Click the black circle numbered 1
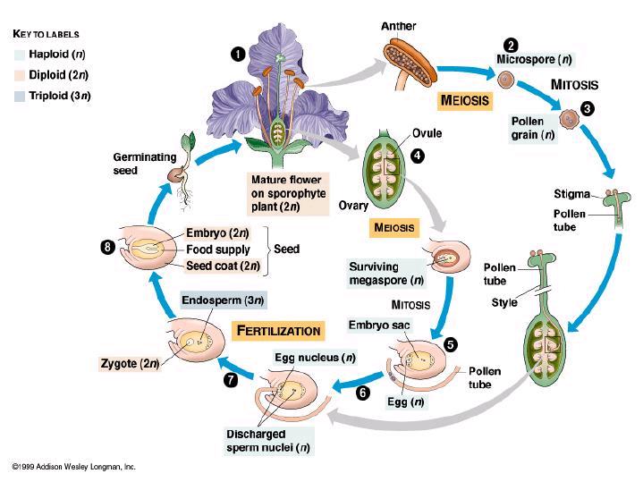tap(238, 55)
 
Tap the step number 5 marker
tap(451, 344)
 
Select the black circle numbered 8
tap(108, 247)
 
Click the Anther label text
tap(398, 26)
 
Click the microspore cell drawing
tap(506, 80)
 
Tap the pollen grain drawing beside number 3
tap(569, 119)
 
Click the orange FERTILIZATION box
tap(278, 331)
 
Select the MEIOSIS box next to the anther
tap(465, 100)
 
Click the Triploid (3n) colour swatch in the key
tap(20, 96)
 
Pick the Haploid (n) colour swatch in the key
tap(20, 55)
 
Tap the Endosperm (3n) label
tap(223, 300)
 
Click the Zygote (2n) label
tap(130, 363)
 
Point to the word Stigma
tap(571, 194)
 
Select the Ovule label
tap(427, 133)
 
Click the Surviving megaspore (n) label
tap(385, 274)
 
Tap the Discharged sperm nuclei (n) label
tap(268, 441)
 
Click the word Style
tap(504, 303)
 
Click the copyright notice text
tap(74, 467)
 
